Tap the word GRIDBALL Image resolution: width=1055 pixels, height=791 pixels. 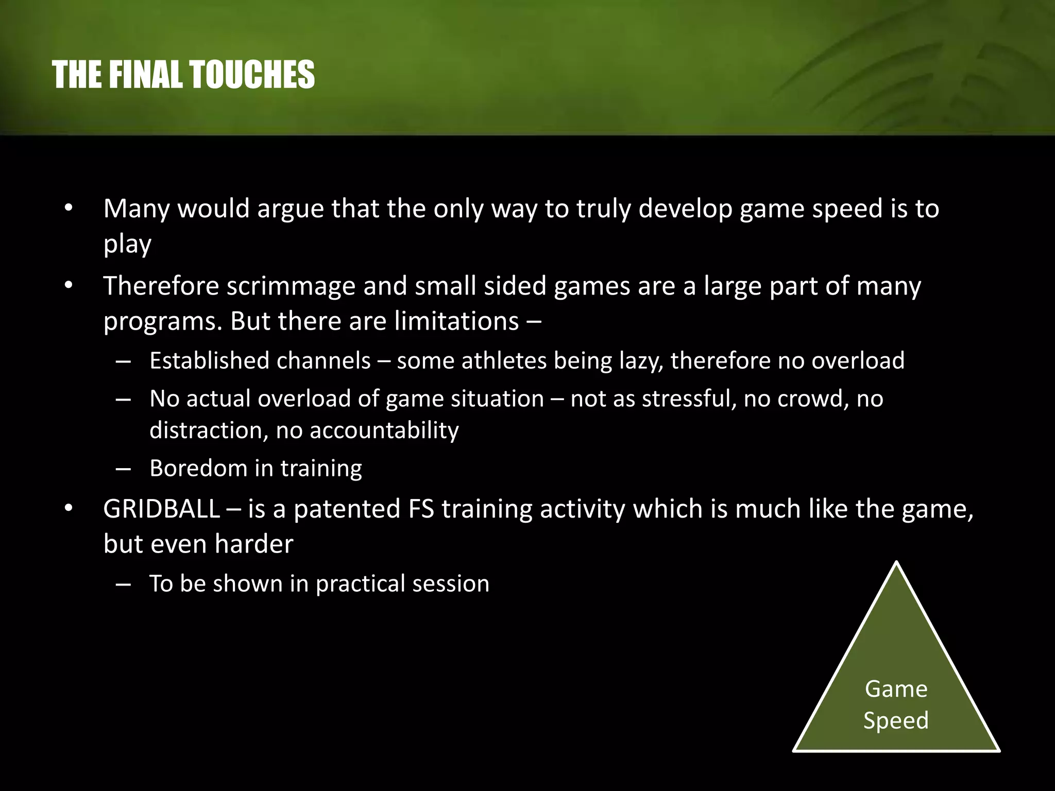[x=161, y=509]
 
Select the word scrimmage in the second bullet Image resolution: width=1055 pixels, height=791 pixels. [x=291, y=286]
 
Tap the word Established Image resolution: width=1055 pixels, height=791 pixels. [x=209, y=360]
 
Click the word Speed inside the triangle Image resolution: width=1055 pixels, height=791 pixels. [x=896, y=720]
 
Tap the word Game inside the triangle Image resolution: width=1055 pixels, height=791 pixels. [x=896, y=689]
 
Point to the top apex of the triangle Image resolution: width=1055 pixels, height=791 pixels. [x=896, y=563]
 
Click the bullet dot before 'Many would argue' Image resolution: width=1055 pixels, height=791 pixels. [x=69, y=209]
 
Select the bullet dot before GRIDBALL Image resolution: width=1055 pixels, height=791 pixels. [x=69, y=509]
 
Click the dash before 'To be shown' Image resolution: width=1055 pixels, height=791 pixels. [x=123, y=584]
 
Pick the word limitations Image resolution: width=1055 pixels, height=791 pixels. [x=457, y=321]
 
